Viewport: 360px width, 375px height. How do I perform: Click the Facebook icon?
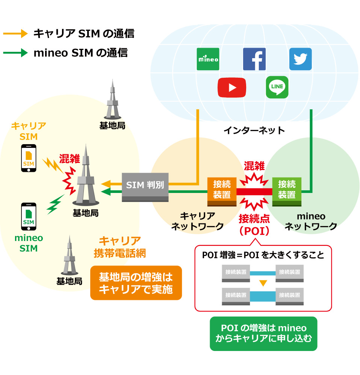pyautogui.click(x=254, y=59)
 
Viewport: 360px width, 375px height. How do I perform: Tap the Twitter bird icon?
pyautogui.click(x=300, y=59)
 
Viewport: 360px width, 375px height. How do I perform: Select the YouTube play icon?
pyautogui.click(x=232, y=87)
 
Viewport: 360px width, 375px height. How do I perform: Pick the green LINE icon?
pyautogui.click(x=277, y=87)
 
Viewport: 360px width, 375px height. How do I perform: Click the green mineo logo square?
pyautogui.click(x=208, y=59)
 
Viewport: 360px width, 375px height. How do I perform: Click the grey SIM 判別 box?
pyautogui.click(x=145, y=187)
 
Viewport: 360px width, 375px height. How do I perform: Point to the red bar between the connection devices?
pyautogui.click(x=254, y=192)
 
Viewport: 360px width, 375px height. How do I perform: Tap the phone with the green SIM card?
pyautogui.click(x=29, y=217)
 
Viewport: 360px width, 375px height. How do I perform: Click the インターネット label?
pyautogui.click(x=254, y=131)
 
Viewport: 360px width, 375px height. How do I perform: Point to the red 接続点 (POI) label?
pyautogui.click(x=254, y=224)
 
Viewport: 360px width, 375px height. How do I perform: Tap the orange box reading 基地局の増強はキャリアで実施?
pyautogui.click(x=136, y=283)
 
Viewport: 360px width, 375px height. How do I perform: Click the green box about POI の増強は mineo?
pyautogui.click(x=263, y=333)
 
